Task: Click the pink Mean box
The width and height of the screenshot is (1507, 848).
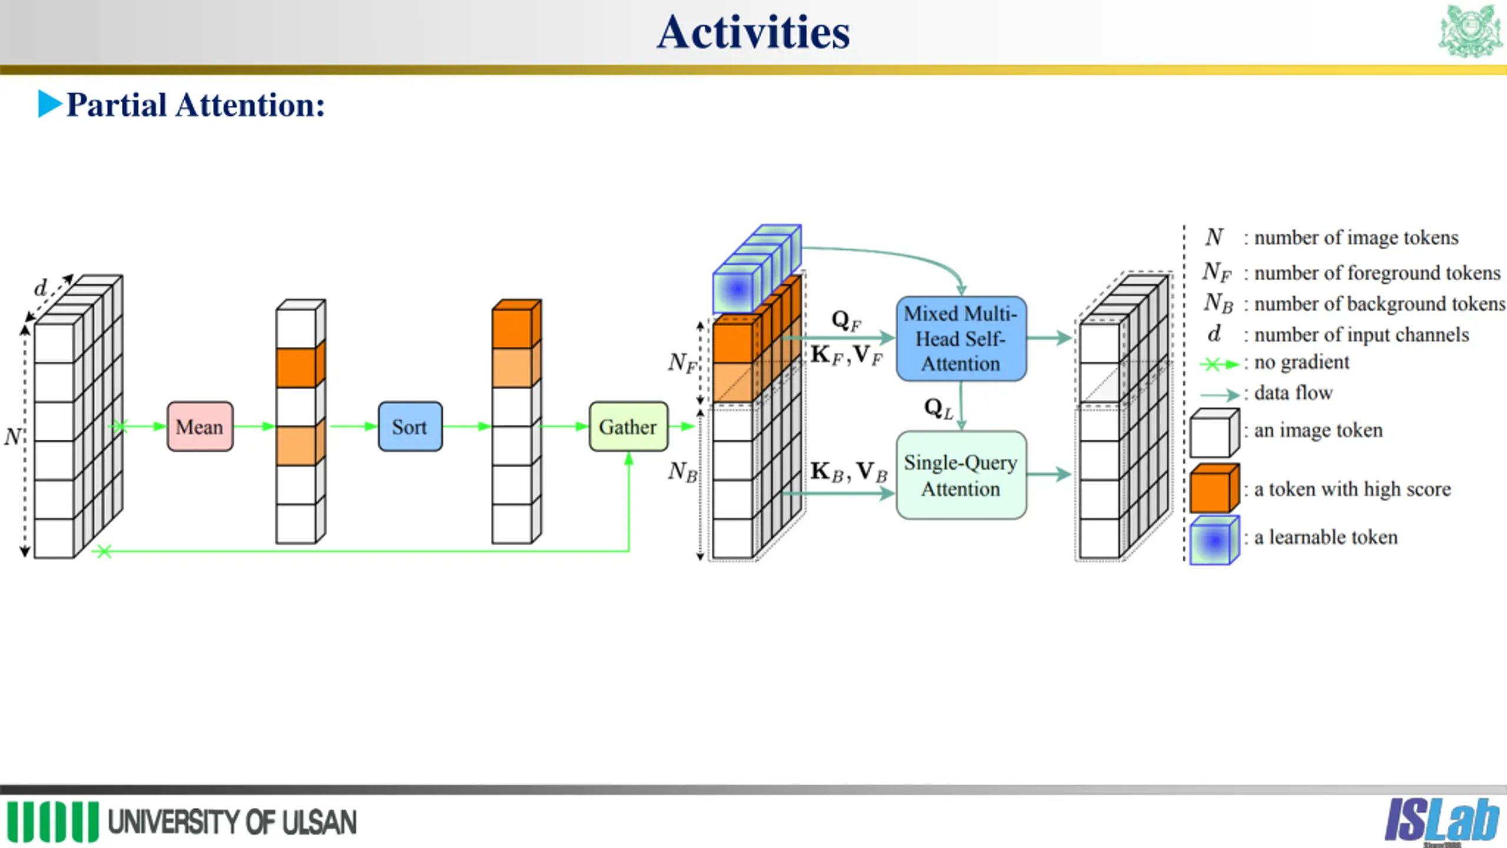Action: pyautogui.click(x=200, y=426)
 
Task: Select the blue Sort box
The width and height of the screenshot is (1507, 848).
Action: pyautogui.click(x=410, y=426)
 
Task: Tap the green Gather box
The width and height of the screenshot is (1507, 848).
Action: pyautogui.click(x=628, y=426)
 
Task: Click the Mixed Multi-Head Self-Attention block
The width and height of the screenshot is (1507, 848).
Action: pyautogui.click(x=961, y=339)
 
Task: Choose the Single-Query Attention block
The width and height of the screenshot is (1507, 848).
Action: pyautogui.click(x=961, y=475)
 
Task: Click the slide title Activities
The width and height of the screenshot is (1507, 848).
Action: pyautogui.click(x=753, y=32)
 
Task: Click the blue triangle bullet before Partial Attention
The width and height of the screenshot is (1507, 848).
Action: pyautogui.click(x=49, y=104)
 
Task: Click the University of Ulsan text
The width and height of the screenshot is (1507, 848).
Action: pyautogui.click(x=233, y=822)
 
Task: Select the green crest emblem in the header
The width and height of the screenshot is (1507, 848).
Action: pyautogui.click(x=1470, y=31)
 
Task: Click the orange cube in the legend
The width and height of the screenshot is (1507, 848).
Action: pyautogui.click(x=1214, y=488)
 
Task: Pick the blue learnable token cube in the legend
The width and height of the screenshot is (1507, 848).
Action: pyautogui.click(x=1214, y=540)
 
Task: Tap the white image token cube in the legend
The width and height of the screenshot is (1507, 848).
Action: pyautogui.click(x=1214, y=433)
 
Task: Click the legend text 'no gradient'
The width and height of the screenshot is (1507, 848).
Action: pyautogui.click(x=1302, y=362)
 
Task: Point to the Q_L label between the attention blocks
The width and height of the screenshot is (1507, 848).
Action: pyautogui.click(x=938, y=408)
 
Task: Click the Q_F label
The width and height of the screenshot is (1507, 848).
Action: pyautogui.click(x=847, y=321)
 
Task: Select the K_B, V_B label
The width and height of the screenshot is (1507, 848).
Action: pyautogui.click(x=849, y=472)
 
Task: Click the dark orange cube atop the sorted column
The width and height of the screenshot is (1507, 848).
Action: pyautogui.click(x=516, y=324)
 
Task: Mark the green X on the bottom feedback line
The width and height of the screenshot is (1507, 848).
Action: pyautogui.click(x=104, y=551)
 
